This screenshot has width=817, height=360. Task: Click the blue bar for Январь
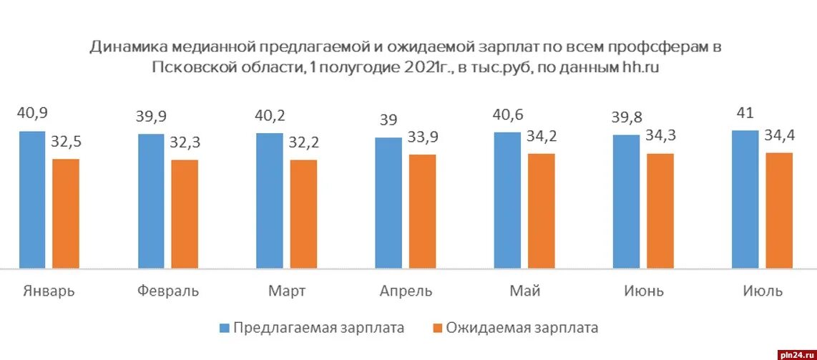pos(31,200)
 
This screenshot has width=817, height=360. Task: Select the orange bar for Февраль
pos(185,214)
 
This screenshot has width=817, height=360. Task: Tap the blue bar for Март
pos(270,201)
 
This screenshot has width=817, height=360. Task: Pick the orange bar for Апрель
pos(422,212)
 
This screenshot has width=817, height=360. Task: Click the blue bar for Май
pos(507,200)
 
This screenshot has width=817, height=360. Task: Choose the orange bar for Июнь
pos(660,211)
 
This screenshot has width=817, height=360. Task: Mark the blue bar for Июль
pos(745,200)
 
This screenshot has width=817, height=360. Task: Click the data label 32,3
pos(186,143)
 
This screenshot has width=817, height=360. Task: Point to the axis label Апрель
pos(406,291)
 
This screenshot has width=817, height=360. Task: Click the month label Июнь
pos(643,291)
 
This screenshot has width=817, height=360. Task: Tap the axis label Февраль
pos(167,291)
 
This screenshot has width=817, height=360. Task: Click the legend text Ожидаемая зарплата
pos(522,329)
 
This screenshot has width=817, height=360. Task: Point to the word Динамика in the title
pos(128,47)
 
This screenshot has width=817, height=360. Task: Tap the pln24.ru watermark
pos(794,354)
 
